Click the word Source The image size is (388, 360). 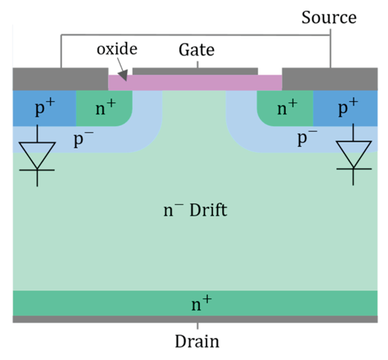click(329, 18)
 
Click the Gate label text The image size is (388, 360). click(196, 50)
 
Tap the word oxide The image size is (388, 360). click(117, 49)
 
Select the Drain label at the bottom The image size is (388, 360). click(197, 341)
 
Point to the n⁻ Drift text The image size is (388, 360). click(196, 211)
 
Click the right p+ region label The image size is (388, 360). click(348, 109)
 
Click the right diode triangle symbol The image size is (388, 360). click(353, 153)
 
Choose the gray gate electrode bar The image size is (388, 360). click(195, 71)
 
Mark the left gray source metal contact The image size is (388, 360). click(60, 79)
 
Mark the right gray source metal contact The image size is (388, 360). click(329, 79)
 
